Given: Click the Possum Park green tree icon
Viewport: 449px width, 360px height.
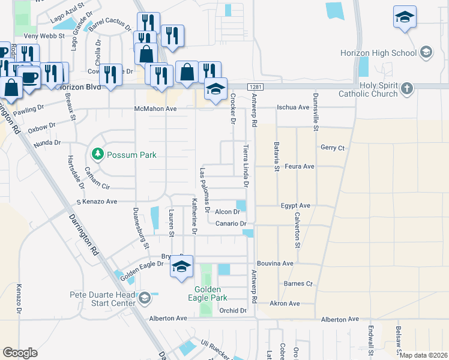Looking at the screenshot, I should (97, 155).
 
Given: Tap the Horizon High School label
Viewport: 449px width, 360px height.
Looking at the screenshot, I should (378, 53).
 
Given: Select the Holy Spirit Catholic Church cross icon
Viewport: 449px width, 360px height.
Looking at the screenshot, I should (407, 89).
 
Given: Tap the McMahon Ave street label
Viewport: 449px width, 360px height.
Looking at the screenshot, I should (155, 109).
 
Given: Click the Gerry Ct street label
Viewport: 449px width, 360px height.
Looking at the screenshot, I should (333, 147).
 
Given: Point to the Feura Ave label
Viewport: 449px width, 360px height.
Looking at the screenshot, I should (300, 166).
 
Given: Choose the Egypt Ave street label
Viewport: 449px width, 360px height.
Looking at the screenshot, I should (295, 205).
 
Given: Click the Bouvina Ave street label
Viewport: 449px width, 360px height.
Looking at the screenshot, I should (275, 263).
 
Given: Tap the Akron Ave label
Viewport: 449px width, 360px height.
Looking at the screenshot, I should (285, 304).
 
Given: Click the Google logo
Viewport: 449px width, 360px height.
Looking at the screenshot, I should (20, 352).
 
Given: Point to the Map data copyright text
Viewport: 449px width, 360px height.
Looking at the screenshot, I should (423, 355).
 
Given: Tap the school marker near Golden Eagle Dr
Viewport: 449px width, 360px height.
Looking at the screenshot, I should (181, 267).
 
